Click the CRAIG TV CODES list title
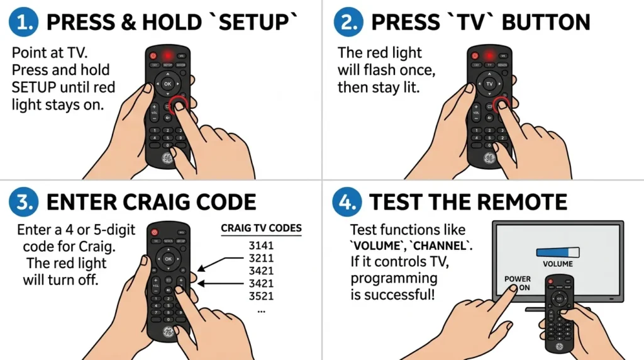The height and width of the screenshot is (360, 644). click(261, 228)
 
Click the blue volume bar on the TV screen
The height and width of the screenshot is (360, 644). click(557, 252)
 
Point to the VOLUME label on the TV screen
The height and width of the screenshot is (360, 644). click(557, 264)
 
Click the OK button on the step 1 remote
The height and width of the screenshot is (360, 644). click(167, 83)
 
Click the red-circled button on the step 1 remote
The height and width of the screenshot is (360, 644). click(178, 104)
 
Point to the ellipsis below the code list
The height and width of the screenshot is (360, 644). click(261, 310)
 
